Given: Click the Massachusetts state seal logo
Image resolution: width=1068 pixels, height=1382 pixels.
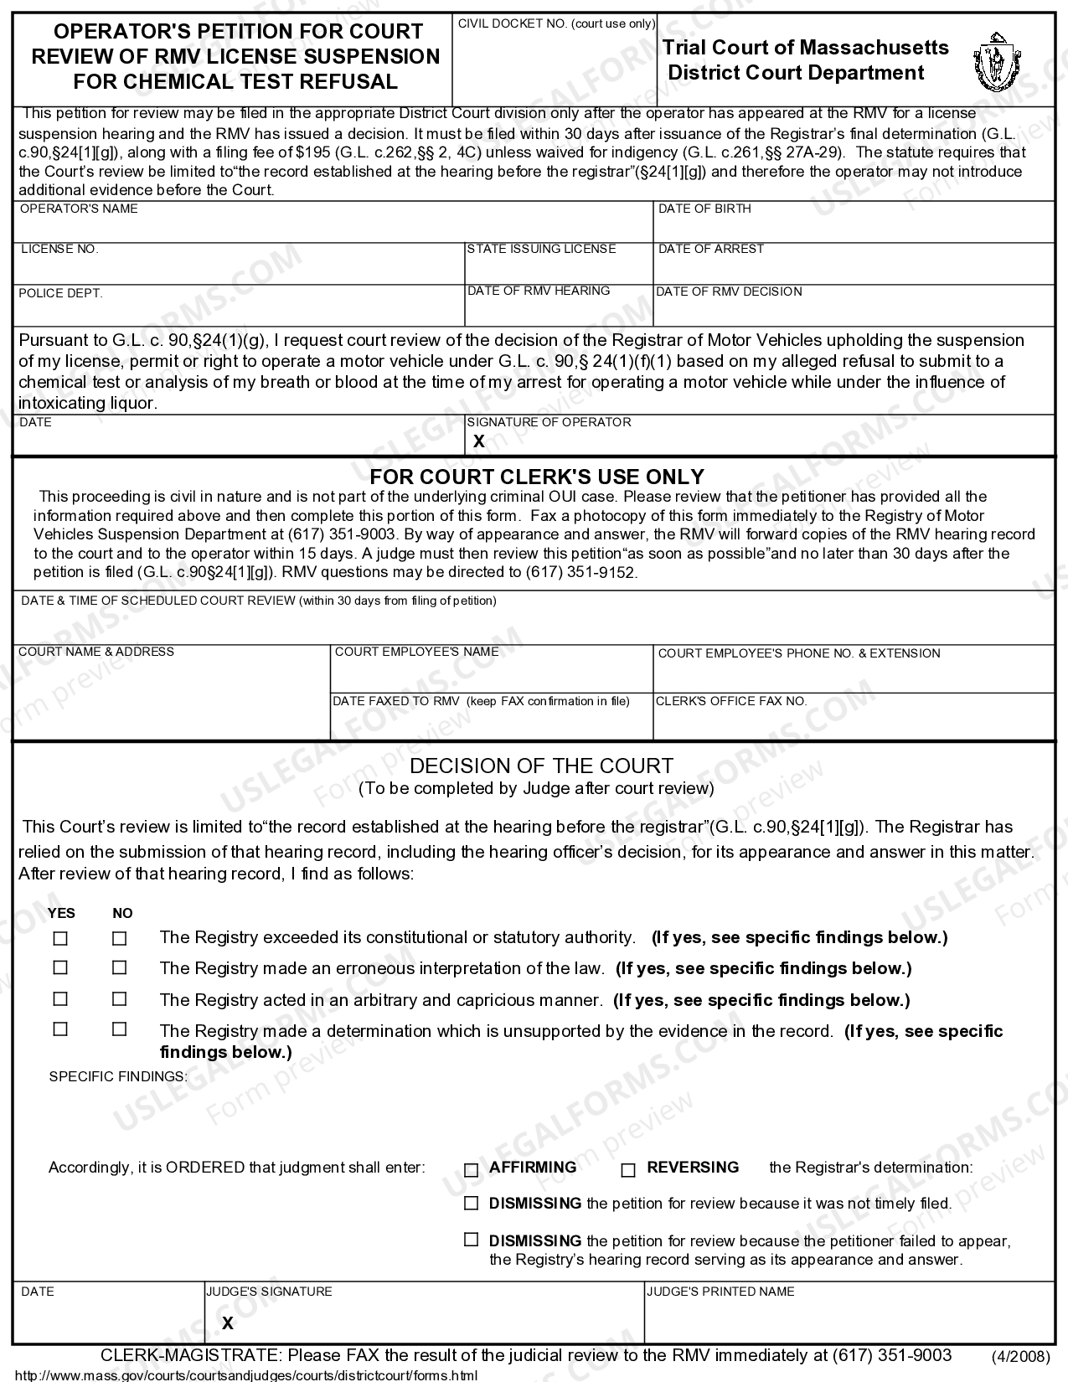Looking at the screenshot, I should click(997, 64).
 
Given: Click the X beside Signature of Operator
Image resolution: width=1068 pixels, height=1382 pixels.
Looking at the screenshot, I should click(478, 441).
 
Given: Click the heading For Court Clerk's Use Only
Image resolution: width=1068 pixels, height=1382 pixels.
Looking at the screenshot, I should click(537, 477).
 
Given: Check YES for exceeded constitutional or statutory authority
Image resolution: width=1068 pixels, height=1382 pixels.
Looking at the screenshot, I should click(60, 939).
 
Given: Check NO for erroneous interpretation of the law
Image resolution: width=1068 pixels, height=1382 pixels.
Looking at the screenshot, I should click(120, 968).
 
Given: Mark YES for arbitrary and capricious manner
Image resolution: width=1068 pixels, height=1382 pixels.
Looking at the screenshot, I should click(60, 999).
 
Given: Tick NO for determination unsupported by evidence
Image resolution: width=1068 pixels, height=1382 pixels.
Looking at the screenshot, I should click(120, 1029).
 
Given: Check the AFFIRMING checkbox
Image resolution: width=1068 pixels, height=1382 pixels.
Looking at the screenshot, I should click(471, 1170).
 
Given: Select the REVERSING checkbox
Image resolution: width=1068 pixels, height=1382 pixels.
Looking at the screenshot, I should click(628, 1170).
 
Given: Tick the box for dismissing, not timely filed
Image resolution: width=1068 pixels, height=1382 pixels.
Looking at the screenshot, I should click(471, 1204).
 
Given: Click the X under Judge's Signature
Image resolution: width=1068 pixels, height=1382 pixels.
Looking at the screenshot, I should click(227, 1323).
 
